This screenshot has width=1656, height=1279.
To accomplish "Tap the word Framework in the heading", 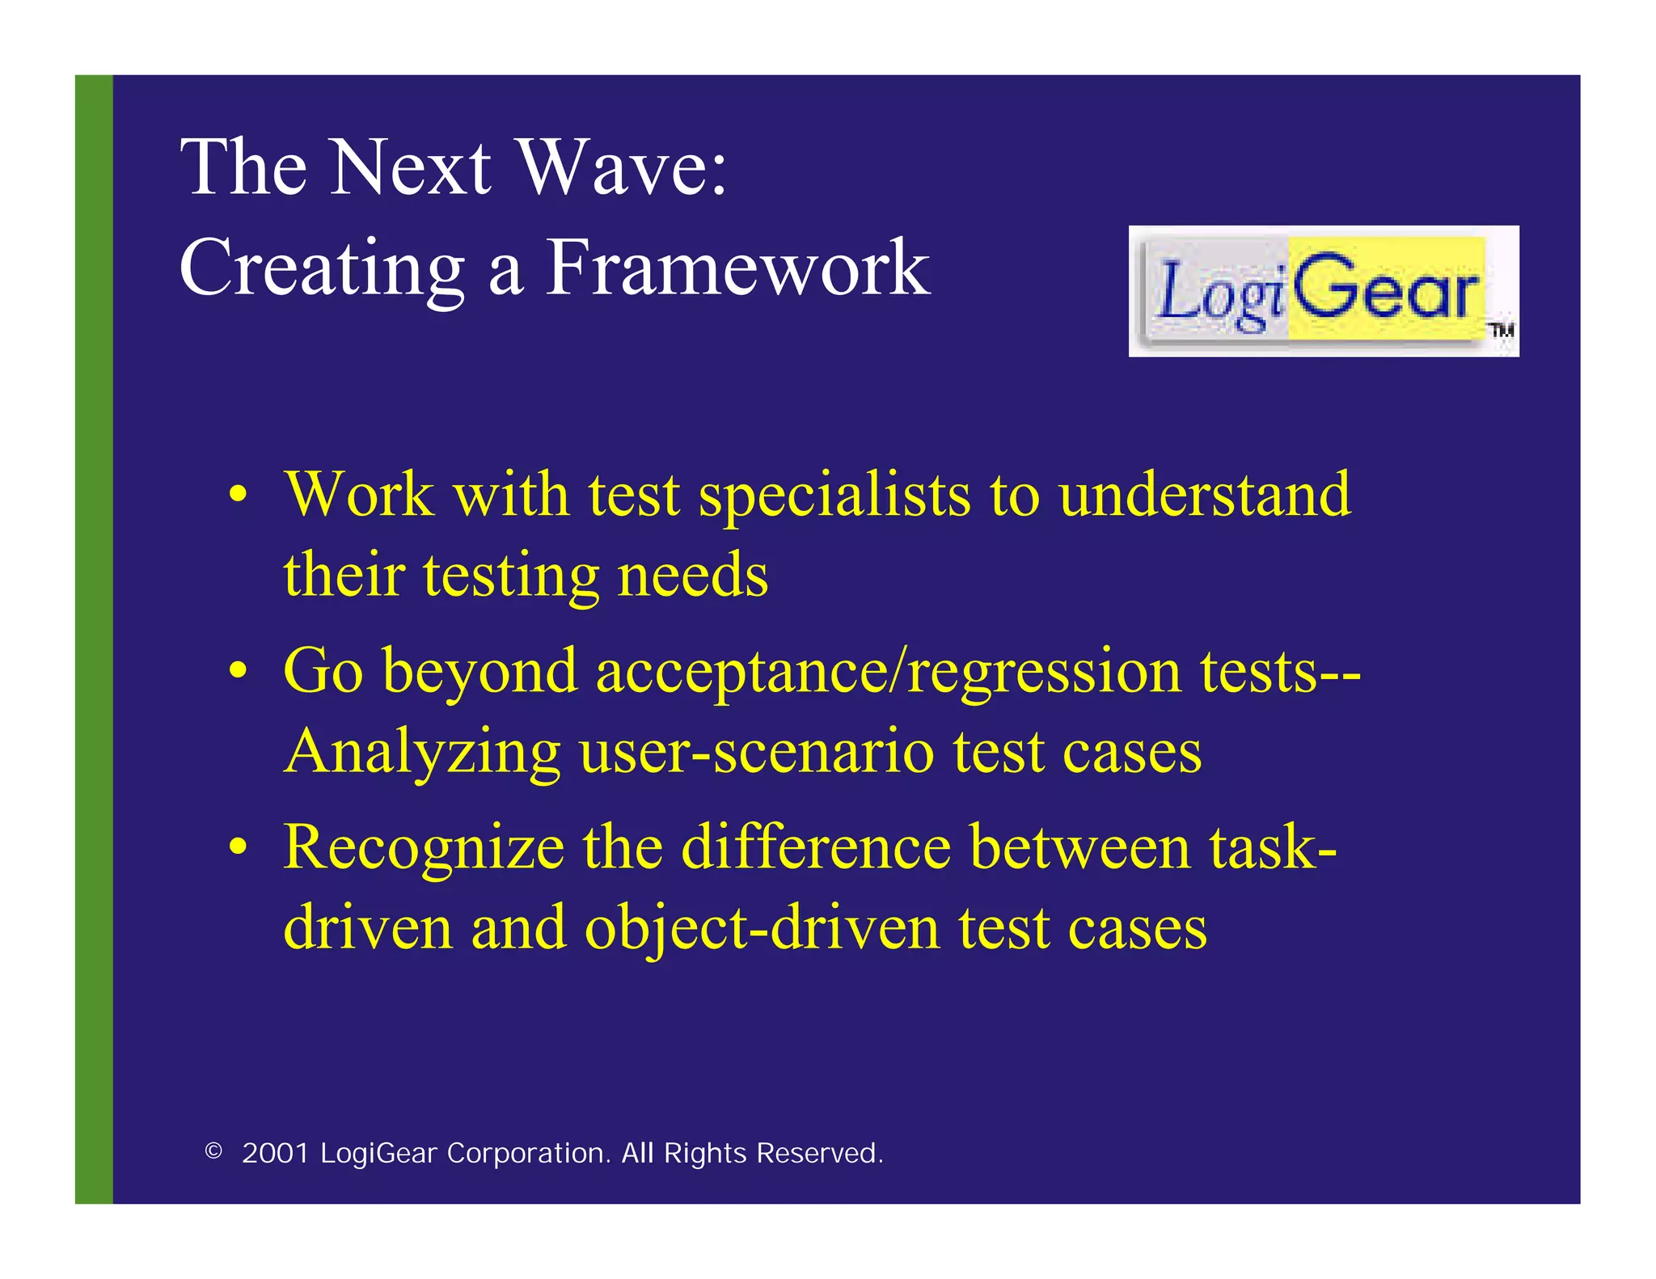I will point(738,268).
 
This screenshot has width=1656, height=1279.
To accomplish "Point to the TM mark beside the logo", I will point(1502,330).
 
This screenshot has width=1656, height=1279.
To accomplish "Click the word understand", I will point(1205,495).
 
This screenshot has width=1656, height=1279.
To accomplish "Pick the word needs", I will point(692,576).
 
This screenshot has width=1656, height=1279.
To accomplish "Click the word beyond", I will point(479,673).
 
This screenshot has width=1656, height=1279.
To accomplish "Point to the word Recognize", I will point(424,847).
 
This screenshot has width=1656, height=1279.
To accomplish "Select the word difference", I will point(816,847).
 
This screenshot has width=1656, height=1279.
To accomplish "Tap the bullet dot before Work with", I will point(238,495).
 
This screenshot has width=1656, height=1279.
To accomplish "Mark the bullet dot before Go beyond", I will point(238,671).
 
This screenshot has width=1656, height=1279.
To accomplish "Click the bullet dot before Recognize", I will point(238,847).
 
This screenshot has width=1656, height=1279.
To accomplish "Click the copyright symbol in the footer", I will point(213,1151).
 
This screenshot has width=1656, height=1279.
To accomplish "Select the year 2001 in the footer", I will point(276,1154).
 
